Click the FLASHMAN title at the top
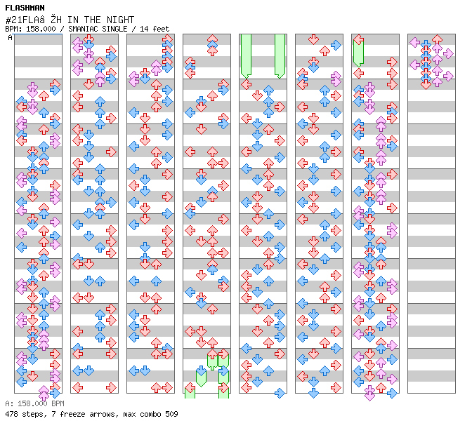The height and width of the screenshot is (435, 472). click(x=25, y=8)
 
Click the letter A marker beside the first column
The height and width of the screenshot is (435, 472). click(x=11, y=37)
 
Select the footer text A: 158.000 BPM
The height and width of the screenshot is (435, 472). click(x=34, y=403)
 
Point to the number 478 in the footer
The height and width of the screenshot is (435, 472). click(x=11, y=414)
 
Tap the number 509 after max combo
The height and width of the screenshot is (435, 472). click(x=171, y=414)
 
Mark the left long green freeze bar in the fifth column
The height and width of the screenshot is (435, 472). click(x=246, y=56)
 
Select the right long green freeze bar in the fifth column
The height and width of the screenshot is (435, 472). click(x=280, y=56)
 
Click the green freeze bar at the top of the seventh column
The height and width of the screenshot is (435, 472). click(x=358, y=52)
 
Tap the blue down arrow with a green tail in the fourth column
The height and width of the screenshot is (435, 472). click(x=201, y=376)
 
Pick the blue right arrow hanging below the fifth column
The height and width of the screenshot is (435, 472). click(x=280, y=393)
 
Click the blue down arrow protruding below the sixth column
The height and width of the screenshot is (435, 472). click(x=313, y=393)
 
